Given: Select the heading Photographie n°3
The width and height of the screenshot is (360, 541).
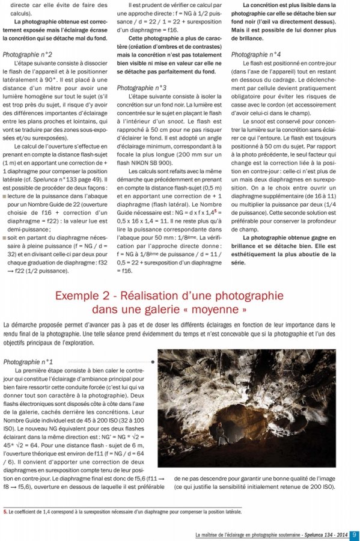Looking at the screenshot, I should click(x=142, y=88).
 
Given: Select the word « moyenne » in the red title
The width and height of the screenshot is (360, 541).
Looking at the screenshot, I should click(x=218, y=310).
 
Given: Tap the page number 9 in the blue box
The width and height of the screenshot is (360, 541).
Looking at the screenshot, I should click(x=354, y=534).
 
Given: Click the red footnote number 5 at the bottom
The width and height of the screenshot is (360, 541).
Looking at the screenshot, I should click(x=5, y=512).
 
